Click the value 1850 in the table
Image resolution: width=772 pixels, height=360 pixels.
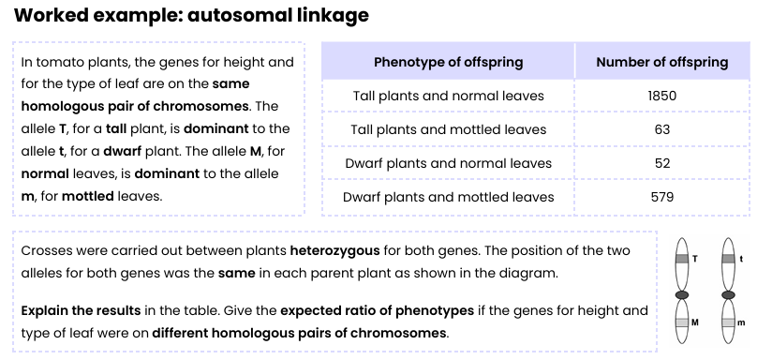click(x=661, y=96)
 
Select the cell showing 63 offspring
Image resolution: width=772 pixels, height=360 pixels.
click(x=661, y=129)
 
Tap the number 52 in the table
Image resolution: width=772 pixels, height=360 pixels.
click(x=661, y=163)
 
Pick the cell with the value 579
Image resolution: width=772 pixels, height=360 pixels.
click(x=661, y=197)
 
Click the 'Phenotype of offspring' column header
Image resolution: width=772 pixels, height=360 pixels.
click(x=448, y=62)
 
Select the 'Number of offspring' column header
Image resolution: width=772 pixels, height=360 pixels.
click(x=661, y=62)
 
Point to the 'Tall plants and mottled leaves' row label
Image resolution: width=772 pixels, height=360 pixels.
click(x=448, y=129)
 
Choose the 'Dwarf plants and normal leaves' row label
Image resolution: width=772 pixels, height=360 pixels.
click(x=448, y=163)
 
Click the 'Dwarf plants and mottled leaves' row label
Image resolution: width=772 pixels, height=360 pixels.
click(x=448, y=197)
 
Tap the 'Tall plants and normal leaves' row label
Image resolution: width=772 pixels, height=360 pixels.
click(x=448, y=96)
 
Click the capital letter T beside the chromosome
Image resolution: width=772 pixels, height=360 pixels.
click(x=695, y=258)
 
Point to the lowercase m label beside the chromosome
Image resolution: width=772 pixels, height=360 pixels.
click(x=742, y=323)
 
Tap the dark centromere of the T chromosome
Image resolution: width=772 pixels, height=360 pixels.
click(x=682, y=294)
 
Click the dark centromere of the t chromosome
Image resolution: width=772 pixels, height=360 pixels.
click(x=728, y=294)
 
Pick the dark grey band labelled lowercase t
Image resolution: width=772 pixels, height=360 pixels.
click(x=728, y=258)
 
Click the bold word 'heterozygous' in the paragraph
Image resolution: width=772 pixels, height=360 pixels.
click(x=334, y=251)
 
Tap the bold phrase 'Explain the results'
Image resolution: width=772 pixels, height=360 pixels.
click(x=79, y=309)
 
